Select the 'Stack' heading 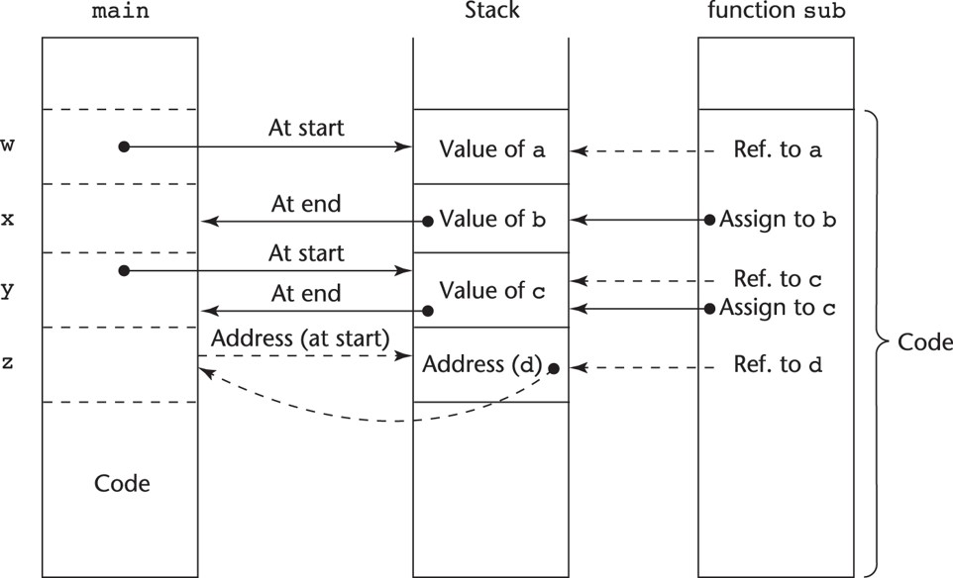pyautogui.click(x=490, y=12)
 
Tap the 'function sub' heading pyautogui.click(x=776, y=12)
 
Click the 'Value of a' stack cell pyautogui.click(x=492, y=150)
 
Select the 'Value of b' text pyautogui.click(x=492, y=220)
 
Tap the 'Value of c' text pyautogui.click(x=492, y=291)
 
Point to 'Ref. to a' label pyautogui.click(x=778, y=150)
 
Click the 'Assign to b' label pyautogui.click(x=779, y=220)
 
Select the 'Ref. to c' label pyautogui.click(x=778, y=279)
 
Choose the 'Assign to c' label pyautogui.click(x=779, y=308)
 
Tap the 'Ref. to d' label pyautogui.click(x=778, y=364)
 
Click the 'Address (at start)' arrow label pyautogui.click(x=298, y=337)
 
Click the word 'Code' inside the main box pyautogui.click(x=122, y=483)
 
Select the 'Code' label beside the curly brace pyautogui.click(x=924, y=343)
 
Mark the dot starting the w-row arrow pyautogui.click(x=124, y=146)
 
